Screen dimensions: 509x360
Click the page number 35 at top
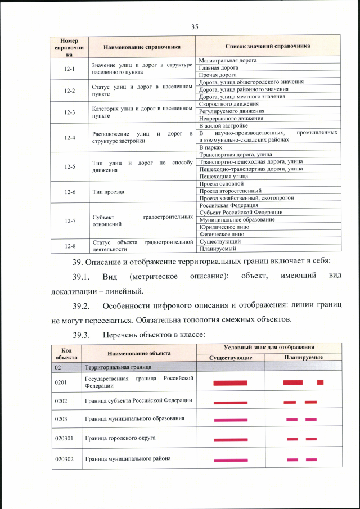point(195,26)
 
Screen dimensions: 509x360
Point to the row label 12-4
point(70,137)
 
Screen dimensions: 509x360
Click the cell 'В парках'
point(211,147)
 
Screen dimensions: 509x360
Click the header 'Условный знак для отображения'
point(268,348)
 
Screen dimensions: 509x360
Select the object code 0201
point(61,382)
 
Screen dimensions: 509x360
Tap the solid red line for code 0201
point(231,383)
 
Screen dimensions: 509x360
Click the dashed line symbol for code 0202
point(300,402)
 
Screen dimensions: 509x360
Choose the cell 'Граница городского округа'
point(120,438)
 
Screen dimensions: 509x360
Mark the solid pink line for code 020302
point(231,460)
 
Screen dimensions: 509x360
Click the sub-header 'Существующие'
point(230,358)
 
